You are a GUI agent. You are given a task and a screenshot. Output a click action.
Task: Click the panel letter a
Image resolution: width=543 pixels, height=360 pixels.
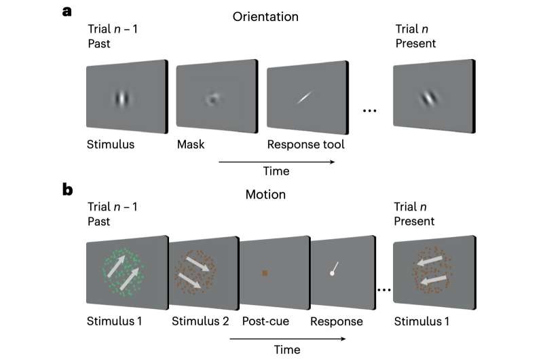67,12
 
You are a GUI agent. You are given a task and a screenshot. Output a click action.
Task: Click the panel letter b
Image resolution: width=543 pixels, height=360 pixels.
67,190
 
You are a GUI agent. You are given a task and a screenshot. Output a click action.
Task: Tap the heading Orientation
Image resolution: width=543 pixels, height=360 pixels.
265,16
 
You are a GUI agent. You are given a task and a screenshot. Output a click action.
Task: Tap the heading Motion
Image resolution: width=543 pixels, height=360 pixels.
265,194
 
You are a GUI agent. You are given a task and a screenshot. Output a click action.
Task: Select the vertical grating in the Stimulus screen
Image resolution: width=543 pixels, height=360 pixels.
122,98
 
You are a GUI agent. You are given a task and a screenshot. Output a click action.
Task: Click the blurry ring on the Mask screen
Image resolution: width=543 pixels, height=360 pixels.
212,98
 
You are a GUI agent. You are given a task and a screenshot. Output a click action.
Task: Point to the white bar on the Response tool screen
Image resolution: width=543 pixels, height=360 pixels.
305,97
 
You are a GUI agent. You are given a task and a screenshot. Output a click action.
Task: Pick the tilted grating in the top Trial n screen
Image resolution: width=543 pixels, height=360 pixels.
429,98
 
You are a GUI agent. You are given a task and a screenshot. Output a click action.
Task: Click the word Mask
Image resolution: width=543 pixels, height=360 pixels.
191,144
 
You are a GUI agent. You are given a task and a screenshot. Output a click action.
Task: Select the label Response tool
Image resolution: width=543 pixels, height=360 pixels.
306,145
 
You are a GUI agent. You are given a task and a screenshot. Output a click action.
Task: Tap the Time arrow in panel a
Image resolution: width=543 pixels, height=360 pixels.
277,162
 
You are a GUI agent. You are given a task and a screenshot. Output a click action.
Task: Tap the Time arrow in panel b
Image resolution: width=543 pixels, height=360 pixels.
287,338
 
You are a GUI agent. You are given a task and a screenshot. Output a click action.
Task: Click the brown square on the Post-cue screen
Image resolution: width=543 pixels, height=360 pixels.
265,273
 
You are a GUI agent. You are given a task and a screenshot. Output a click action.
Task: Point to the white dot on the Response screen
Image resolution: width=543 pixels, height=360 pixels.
332,274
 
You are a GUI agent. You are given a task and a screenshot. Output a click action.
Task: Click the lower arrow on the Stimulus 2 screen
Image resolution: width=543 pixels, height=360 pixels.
189,281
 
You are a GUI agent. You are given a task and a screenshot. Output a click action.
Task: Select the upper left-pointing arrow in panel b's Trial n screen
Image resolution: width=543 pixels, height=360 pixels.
430,261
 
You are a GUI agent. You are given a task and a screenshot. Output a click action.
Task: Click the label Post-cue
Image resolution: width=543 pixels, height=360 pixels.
265,321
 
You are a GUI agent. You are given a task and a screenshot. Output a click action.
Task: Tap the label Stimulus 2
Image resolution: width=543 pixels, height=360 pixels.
200,321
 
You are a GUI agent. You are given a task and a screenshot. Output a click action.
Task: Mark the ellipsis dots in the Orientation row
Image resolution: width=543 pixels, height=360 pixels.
369,111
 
